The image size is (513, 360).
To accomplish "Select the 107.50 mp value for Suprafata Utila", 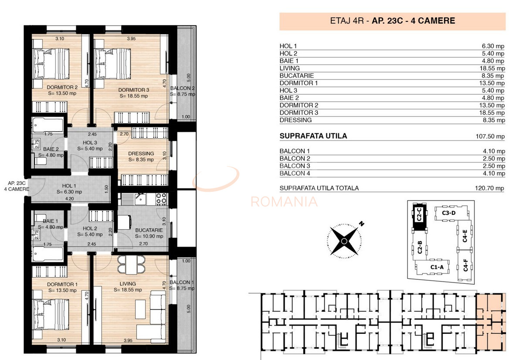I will [x=489, y=136].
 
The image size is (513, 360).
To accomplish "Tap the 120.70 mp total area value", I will [x=489, y=188].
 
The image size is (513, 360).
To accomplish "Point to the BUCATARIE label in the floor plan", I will [x=149, y=230].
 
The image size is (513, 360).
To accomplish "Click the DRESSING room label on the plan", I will [x=141, y=153].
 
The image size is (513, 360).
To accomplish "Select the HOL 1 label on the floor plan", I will [x=69, y=185].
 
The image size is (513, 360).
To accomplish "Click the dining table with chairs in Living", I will [x=131, y=262].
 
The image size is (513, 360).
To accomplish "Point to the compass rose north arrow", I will [x=361, y=224].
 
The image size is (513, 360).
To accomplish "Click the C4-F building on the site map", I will [x=465, y=266].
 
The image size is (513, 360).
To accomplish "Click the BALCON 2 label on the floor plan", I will [x=182, y=88].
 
